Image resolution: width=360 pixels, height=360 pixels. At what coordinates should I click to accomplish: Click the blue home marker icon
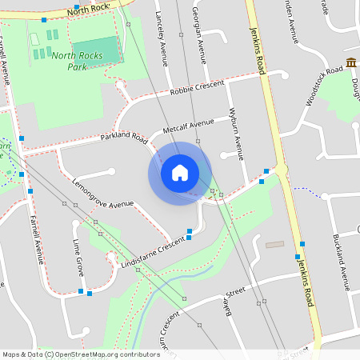point(180,173)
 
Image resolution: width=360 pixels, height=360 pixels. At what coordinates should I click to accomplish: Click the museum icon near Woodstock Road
point(351,63)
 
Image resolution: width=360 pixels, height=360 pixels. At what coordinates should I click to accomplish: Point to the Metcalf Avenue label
point(189,126)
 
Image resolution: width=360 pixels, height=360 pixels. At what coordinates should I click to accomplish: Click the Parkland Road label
point(124,138)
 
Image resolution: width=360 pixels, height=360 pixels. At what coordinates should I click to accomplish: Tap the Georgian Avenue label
point(199,32)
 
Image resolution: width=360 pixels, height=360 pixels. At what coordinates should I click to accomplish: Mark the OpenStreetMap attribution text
point(81,354)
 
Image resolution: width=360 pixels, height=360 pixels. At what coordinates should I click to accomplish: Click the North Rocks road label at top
point(88,10)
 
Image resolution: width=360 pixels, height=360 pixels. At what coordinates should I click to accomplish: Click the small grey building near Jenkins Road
point(274,244)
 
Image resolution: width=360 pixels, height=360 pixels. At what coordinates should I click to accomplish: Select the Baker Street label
point(232,304)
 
